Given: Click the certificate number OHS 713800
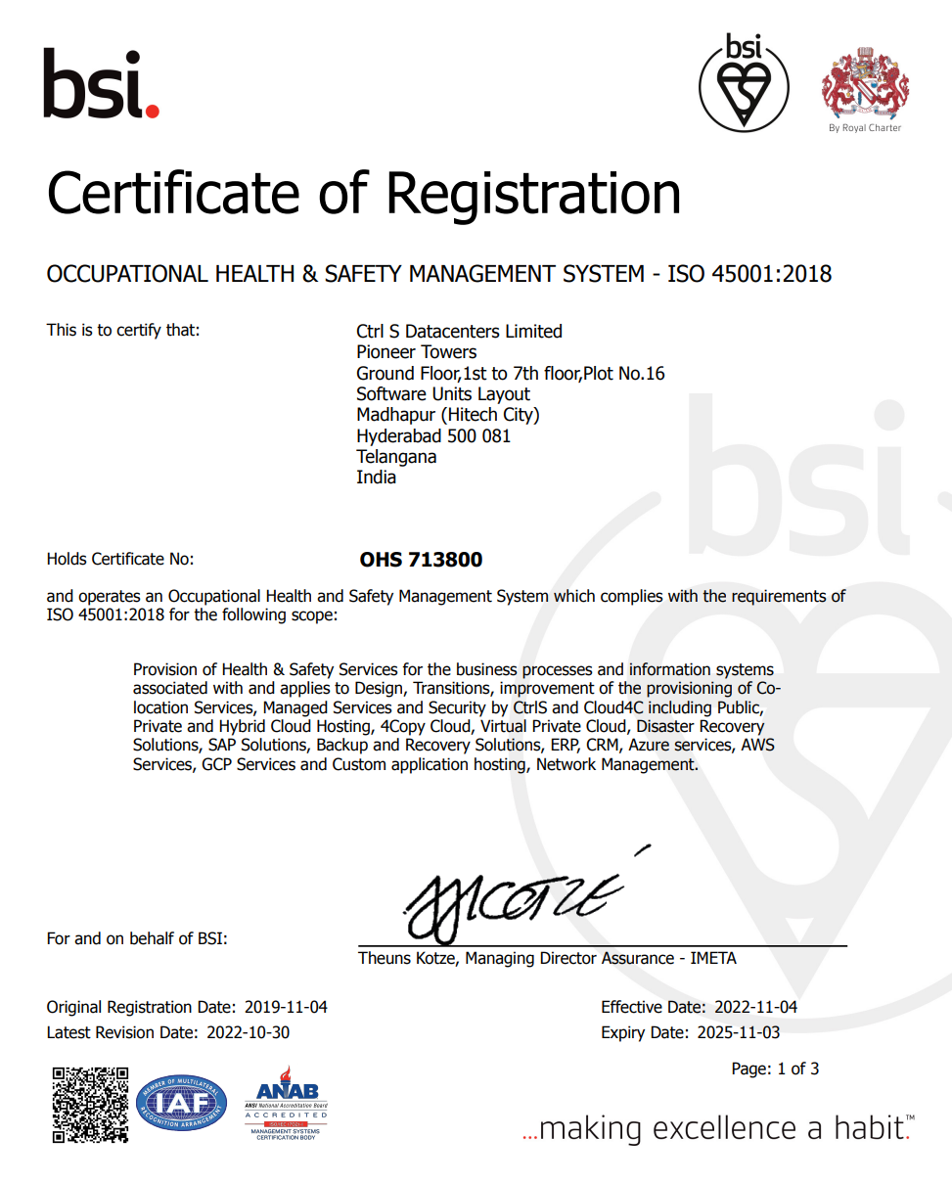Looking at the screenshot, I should point(421,561).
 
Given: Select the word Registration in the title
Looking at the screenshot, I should point(534,193).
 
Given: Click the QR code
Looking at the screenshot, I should point(90,1105).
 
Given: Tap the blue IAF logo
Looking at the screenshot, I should point(181,1104).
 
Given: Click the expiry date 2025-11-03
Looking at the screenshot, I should point(738,1032).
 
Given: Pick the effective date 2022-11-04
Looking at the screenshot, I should point(755,1007).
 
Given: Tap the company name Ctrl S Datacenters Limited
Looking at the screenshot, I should point(459,332).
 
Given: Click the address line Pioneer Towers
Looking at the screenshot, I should point(416,352).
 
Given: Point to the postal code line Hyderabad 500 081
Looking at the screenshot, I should point(433,436).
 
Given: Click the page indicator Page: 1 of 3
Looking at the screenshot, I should point(775,1069).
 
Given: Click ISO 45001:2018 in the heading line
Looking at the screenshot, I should point(748,274).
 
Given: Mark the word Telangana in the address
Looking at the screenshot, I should point(396,457).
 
